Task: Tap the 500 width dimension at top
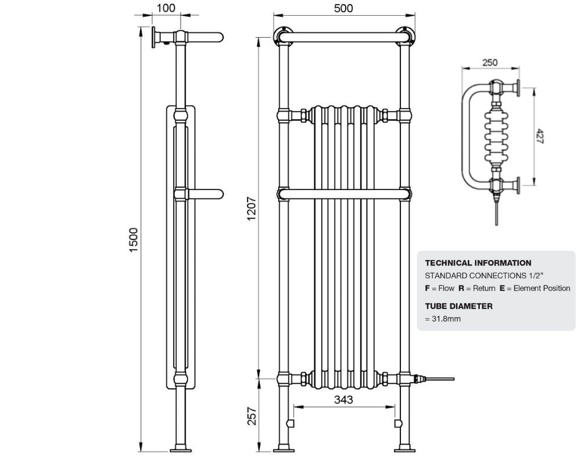(x=343, y=8)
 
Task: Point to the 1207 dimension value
(x=251, y=208)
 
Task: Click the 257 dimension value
(x=251, y=415)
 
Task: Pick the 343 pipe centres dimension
(x=343, y=400)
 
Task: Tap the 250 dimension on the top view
(x=490, y=63)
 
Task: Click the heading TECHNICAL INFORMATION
(x=478, y=263)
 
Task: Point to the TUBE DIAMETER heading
(x=458, y=306)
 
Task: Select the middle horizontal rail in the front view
(x=343, y=193)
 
